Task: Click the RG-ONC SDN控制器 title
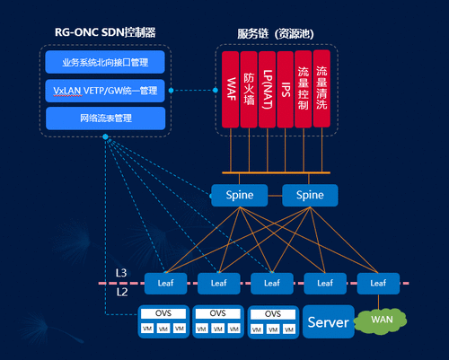[x=105, y=32]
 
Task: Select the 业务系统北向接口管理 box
[x=105, y=61]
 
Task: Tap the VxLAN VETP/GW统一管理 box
[x=105, y=90]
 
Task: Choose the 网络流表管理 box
[x=105, y=118]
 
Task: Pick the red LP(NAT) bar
[x=267, y=89]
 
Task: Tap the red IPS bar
[x=286, y=89]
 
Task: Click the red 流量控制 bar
[x=304, y=89]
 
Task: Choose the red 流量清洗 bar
[x=322, y=89]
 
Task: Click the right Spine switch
[x=310, y=195]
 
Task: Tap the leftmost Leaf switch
[x=165, y=282]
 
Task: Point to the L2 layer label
[x=121, y=292]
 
